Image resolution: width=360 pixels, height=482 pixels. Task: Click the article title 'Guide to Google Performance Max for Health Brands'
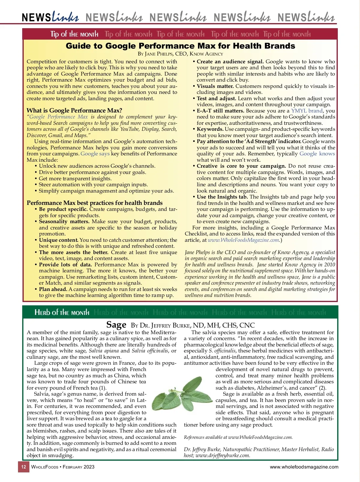coord(180,46)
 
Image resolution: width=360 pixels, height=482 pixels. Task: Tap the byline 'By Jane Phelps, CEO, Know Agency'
coord(180,54)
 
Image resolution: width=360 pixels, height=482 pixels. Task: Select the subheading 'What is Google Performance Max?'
coord(74,110)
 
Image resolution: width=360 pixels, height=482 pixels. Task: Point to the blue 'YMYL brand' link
coord(307,111)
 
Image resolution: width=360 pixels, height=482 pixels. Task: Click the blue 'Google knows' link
coord(317,154)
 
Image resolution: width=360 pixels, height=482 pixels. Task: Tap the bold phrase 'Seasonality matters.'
coord(64,222)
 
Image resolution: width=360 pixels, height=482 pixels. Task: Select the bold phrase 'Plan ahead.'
coord(53,289)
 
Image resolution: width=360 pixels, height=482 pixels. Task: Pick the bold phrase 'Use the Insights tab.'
coord(222,197)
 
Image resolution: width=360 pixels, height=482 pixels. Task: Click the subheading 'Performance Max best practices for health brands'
coord(94,203)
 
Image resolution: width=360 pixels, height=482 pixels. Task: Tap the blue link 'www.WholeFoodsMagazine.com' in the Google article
coord(243,240)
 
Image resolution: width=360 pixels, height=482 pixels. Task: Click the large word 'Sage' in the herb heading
coord(116,325)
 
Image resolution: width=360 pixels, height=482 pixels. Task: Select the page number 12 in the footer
coord(24,467)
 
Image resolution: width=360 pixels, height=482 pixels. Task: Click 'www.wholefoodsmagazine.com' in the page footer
coord(304,467)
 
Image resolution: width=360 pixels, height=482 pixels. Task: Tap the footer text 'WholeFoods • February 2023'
coord(63,467)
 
